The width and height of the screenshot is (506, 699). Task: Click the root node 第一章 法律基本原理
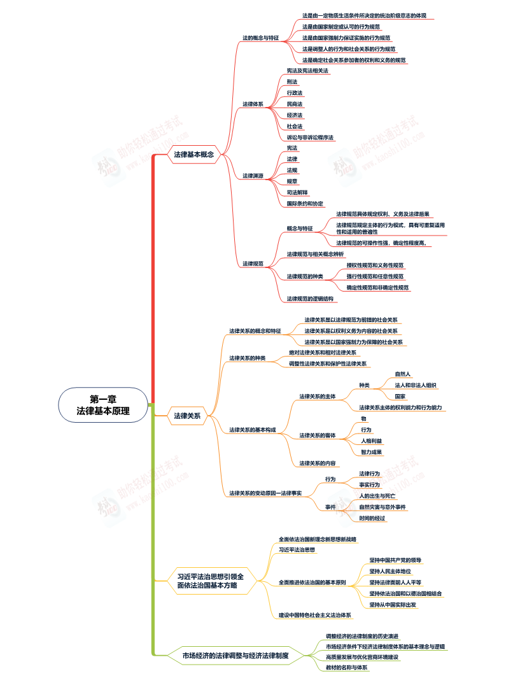(103, 405)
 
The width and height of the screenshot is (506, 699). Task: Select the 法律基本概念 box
(193, 154)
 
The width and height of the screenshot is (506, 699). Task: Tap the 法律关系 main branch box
(187, 416)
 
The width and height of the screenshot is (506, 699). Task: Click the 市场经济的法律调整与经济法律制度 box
(235, 654)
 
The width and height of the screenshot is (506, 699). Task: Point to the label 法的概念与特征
(261, 38)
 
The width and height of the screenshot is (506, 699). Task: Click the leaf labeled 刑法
(292, 81)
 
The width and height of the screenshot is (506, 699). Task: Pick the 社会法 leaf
(295, 126)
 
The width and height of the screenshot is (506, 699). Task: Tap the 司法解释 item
(297, 192)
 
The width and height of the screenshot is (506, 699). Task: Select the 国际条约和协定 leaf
(305, 204)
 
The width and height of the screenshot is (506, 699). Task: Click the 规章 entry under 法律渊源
(292, 181)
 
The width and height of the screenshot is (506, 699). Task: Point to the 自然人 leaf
(403, 374)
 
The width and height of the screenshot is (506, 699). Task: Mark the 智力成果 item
(371, 452)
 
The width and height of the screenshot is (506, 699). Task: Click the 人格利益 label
(371, 441)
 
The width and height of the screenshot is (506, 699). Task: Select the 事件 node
(330, 507)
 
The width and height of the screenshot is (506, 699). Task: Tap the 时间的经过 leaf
(372, 518)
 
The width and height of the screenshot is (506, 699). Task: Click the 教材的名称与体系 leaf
(347, 667)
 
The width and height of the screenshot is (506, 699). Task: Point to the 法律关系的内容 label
(318, 463)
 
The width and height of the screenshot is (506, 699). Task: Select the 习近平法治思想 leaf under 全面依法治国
(297, 549)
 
